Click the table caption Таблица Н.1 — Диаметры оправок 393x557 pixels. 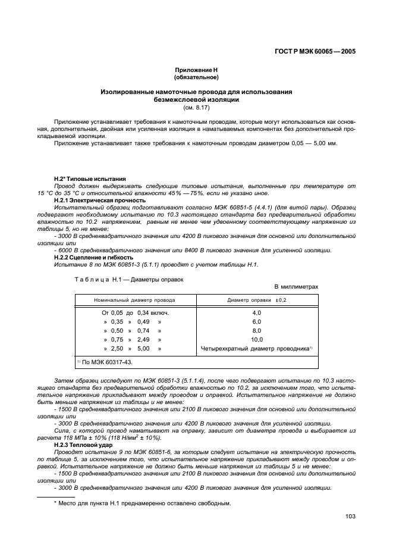point(121,278)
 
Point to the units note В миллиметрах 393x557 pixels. point(296,286)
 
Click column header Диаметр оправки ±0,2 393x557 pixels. point(257,301)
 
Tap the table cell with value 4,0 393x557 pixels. point(257,312)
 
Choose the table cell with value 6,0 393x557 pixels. point(257,321)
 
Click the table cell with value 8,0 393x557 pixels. point(257,330)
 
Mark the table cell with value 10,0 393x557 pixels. point(257,339)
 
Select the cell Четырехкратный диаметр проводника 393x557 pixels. point(257,348)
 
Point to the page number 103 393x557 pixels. point(350,516)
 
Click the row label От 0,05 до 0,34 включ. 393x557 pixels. point(136,312)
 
